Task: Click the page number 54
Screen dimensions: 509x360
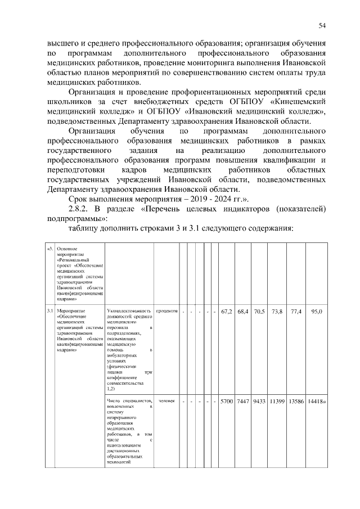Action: [x=322, y=25]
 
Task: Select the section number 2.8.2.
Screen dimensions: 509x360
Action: [x=82, y=209]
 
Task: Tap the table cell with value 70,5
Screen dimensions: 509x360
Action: [x=259, y=310]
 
